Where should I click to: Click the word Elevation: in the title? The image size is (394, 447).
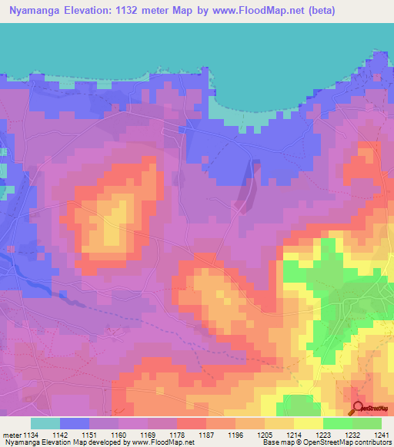pyautogui.click(x=100, y=14)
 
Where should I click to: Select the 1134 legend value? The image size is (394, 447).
pyautogui.click(x=31, y=435)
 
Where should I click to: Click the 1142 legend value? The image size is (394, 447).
pyautogui.click(x=60, y=435)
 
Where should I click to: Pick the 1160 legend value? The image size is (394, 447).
pyautogui.click(x=119, y=435)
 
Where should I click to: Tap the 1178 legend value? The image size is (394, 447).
pyautogui.click(x=177, y=435)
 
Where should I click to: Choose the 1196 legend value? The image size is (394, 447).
pyautogui.click(x=235, y=435)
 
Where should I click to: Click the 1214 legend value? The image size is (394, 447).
pyautogui.click(x=294, y=435)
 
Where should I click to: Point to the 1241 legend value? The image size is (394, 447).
pyautogui.click(x=382, y=435)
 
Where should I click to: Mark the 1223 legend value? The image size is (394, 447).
pyautogui.click(x=323, y=435)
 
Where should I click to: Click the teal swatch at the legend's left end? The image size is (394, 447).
pyautogui.click(x=45, y=423)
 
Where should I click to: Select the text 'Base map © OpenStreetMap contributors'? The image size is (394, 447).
pyautogui.click(x=326, y=443)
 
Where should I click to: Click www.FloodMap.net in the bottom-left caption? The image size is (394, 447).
pyautogui.click(x=162, y=443)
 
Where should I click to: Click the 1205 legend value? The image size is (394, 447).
pyautogui.click(x=265, y=435)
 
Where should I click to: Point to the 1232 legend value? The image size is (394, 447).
pyautogui.click(x=352, y=435)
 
